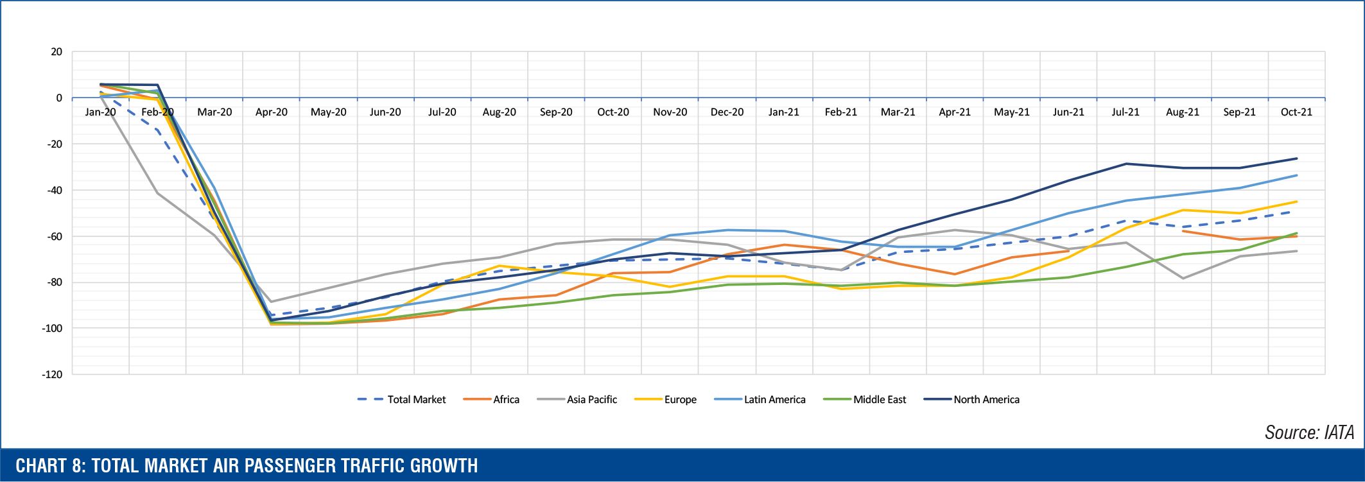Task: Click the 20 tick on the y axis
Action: [57, 52]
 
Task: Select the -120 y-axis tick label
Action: [52, 374]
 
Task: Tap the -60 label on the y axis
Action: [55, 236]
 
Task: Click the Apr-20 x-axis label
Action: [271, 112]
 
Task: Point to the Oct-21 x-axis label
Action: [1296, 112]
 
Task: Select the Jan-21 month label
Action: [783, 112]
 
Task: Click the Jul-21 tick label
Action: [1126, 112]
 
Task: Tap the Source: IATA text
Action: [1309, 433]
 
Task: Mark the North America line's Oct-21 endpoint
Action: [1296, 159]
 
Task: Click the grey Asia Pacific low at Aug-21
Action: [1183, 279]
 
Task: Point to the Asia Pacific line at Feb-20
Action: [157, 193]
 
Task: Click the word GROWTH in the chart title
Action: [444, 466]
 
